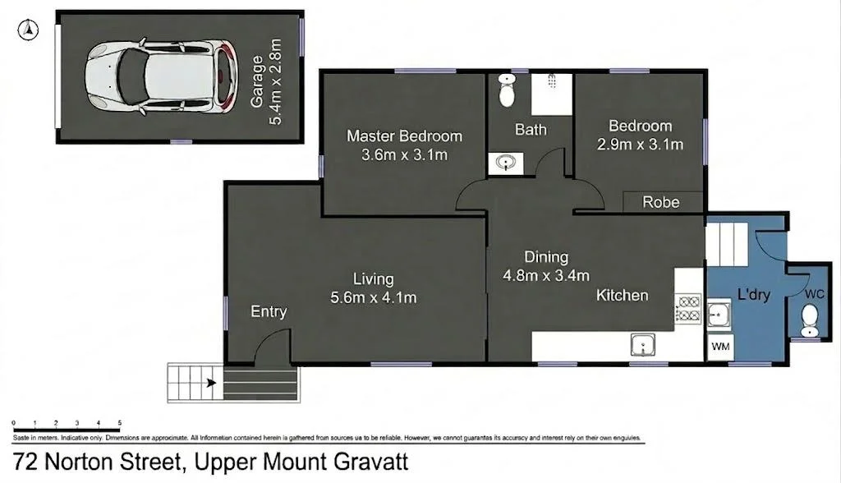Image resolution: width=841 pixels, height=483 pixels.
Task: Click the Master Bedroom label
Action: [404, 145]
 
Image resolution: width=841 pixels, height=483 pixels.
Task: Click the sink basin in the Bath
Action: [504, 163]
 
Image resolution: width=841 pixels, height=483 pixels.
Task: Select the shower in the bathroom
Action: [550, 94]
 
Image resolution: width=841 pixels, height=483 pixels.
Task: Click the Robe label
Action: [661, 202]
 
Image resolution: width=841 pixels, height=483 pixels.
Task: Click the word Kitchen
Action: [622, 295]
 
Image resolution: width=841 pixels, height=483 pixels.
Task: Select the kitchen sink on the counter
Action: [641, 344]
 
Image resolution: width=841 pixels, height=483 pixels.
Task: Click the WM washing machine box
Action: [720, 347]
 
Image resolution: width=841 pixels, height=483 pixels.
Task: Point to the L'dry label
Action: [753, 294]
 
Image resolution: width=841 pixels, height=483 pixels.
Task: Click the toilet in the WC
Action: [810, 320]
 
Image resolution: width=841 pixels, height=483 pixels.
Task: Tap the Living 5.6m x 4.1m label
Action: [374, 288]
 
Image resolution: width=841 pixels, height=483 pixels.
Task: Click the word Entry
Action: [269, 311]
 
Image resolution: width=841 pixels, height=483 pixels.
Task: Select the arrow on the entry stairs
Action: [211, 382]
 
